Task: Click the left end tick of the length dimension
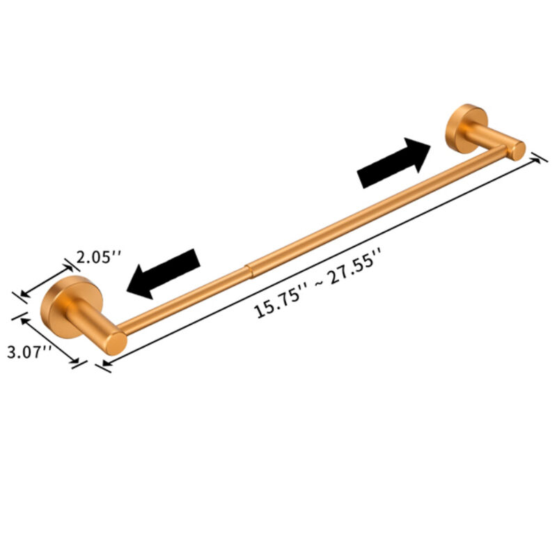[104, 365]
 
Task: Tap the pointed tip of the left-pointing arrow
[128, 287]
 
